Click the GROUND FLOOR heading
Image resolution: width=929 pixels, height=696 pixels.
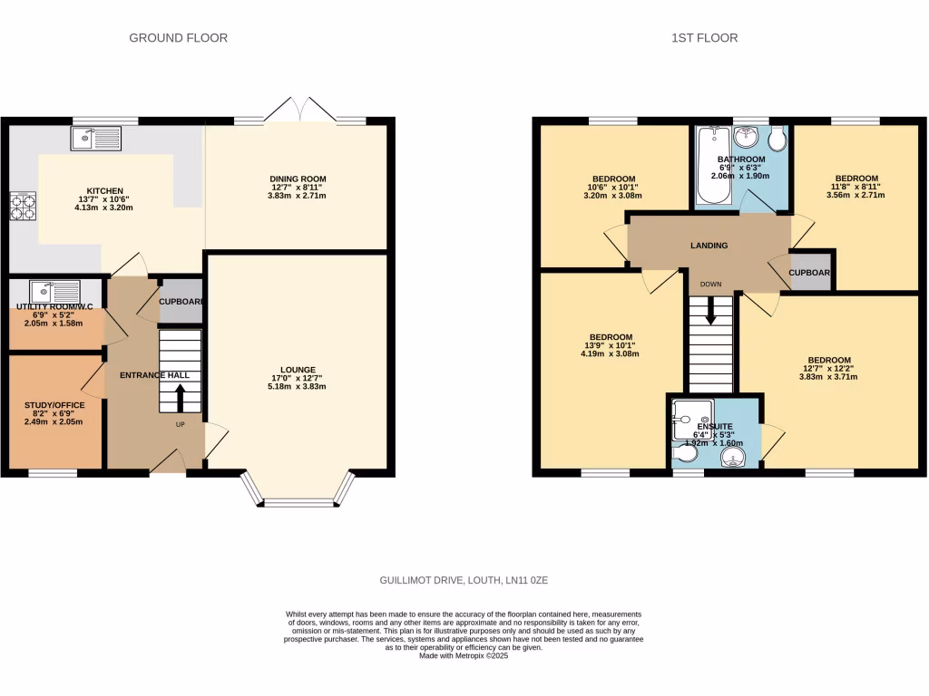pyautogui.click(x=178, y=38)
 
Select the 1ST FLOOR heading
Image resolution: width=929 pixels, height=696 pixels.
pyautogui.click(x=704, y=38)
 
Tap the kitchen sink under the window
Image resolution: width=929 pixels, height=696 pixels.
pyautogui.click(x=95, y=139)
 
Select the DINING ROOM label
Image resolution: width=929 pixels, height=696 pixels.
pyautogui.click(x=297, y=179)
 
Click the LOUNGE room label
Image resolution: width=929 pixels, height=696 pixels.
pyautogui.click(x=298, y=370)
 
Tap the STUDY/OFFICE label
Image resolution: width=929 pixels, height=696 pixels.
pyautogui.click(x=54, y=406)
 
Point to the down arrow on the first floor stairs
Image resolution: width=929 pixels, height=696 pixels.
pyautogui.click(x=710, y=310)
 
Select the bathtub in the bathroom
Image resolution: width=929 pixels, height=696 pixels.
pyautogui.click(x=710, y=166)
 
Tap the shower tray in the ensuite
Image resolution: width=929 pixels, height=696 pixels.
pyautogui.click(x=692, y=419)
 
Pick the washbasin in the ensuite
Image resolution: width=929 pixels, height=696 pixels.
pyautogui.click(x=734, y=459)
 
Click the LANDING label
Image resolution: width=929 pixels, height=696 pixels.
pyautogui.click(x=709, y=246)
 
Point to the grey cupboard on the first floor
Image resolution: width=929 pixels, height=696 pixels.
pyautogui.click(x=811, y=272)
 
